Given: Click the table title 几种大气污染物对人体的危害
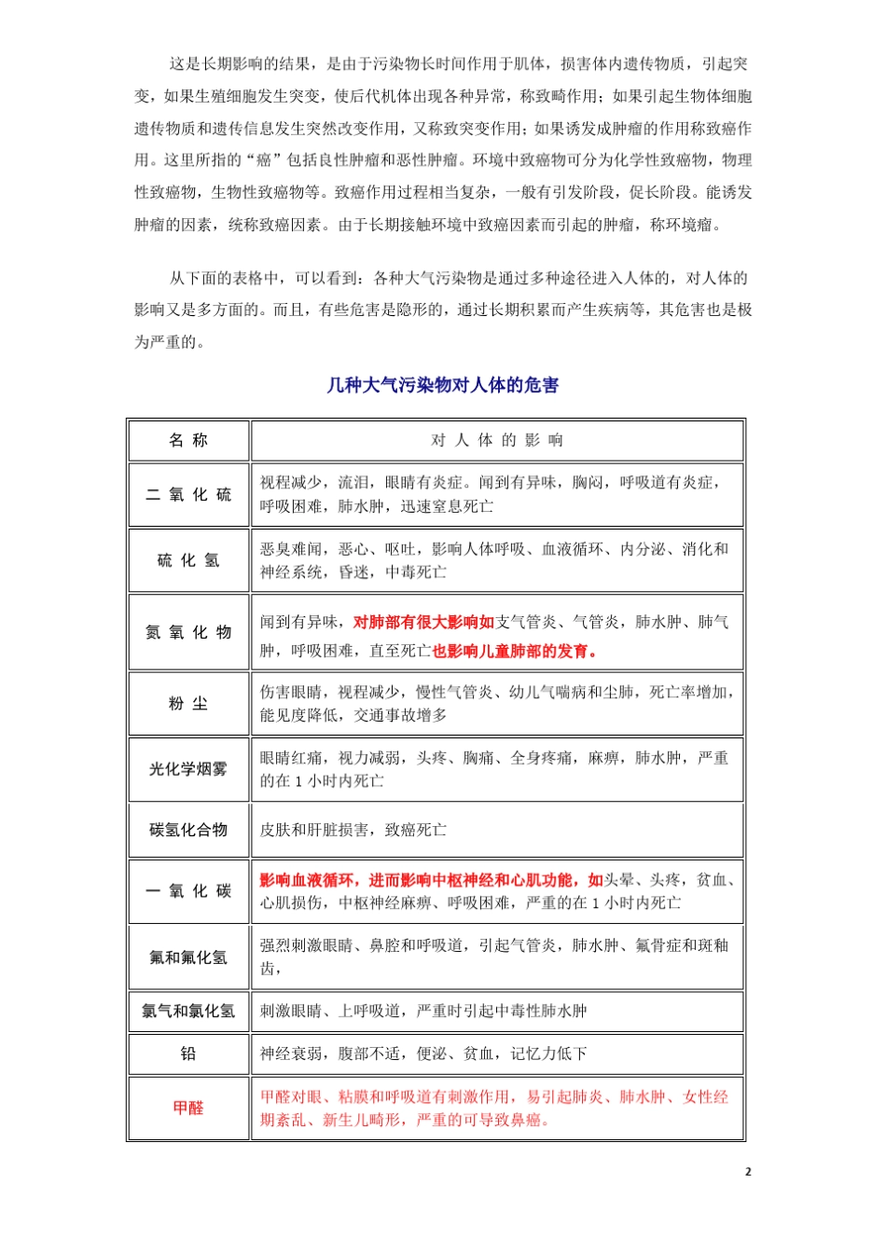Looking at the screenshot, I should [443, 385].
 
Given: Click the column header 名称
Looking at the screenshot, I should [188, 440].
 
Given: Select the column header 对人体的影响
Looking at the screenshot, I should [496, 440].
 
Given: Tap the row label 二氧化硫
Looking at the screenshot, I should [188, 494].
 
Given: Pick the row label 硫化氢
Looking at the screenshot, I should [188, 560].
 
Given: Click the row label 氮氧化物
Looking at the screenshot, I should [188, 632].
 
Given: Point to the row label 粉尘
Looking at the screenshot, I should [188, 704].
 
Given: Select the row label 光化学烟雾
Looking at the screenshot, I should [188, 769].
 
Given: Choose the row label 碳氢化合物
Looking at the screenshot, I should [188, 830].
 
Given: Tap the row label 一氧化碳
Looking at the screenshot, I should [188, 891].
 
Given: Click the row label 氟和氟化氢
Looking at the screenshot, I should [188, 957].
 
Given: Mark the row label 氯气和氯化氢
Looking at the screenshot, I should [188, 1011].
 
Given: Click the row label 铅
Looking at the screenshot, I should [188, 1053].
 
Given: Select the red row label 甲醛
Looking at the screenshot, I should [188, 1108].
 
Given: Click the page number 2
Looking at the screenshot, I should [747, 1172].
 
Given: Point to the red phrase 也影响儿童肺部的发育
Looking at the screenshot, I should [514, 651].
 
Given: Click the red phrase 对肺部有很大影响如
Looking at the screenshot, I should [423, 622].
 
